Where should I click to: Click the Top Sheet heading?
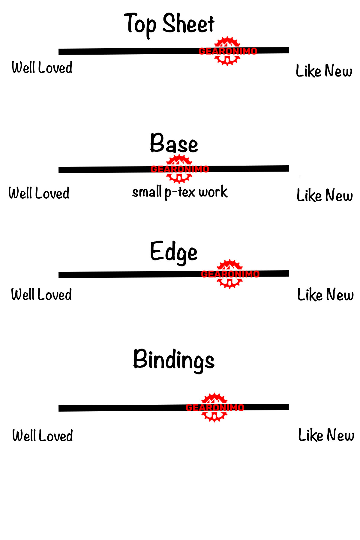[x=169, y=24]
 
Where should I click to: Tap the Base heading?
[x=174, y=143]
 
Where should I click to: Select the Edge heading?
[x=174, y=252]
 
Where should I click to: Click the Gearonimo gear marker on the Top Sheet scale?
[x=227, y=51]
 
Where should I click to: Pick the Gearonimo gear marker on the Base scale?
[x=179, y=169]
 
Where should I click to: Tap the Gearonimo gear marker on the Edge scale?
[x=230, y=274]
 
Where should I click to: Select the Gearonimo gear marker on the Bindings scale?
[x=214, y=407]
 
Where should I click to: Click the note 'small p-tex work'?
[x=180, y=192]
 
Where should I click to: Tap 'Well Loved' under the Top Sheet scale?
[x=42, y=67]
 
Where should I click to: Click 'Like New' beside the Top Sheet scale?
[x=324, y=71]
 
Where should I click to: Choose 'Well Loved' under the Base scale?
[x=39, y=193]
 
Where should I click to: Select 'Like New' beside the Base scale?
[x=325, y=195]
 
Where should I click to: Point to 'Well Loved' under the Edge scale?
[x=41, y=294]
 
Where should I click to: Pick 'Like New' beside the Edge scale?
[x=325, y=295]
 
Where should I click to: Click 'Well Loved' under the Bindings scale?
[x=43, y=436]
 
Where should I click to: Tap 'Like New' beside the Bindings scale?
[x=326, y=435]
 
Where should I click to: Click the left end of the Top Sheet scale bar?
[x=60, y=52]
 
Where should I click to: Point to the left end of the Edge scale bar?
[x=60, y=275]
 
